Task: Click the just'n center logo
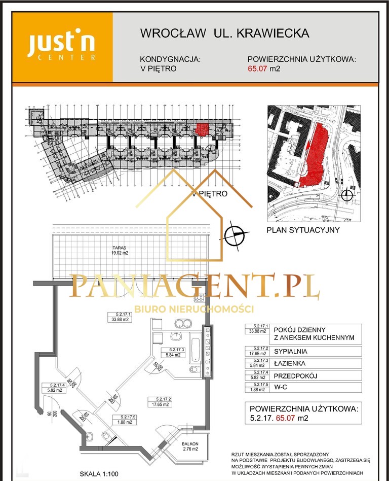tap(61, 47)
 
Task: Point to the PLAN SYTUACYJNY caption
tap(303, 230)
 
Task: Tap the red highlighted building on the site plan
tap(317, 155)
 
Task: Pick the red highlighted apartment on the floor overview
tap(202, 129)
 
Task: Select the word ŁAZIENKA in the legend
tap(289, 363)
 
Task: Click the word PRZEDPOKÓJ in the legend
tap(295, 375)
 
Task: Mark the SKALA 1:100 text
tap(99, 474)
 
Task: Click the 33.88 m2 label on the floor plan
tap(120, 319)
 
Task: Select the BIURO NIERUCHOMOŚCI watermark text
tap(193, 309)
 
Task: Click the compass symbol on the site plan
tap(347, 195)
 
